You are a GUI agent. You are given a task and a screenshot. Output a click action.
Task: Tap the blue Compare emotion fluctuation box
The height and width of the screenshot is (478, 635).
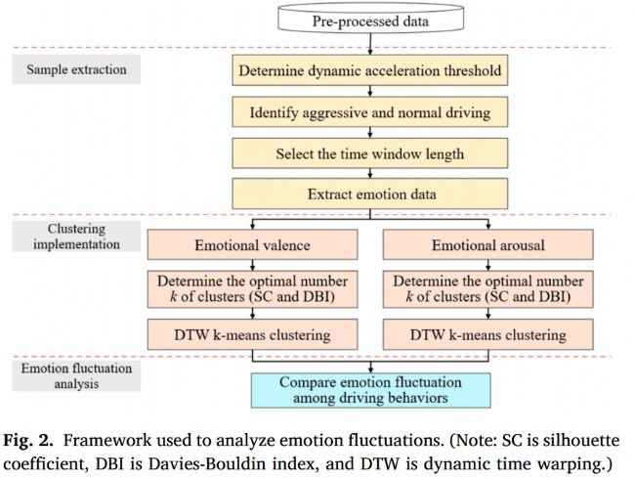tap(369, 389)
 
